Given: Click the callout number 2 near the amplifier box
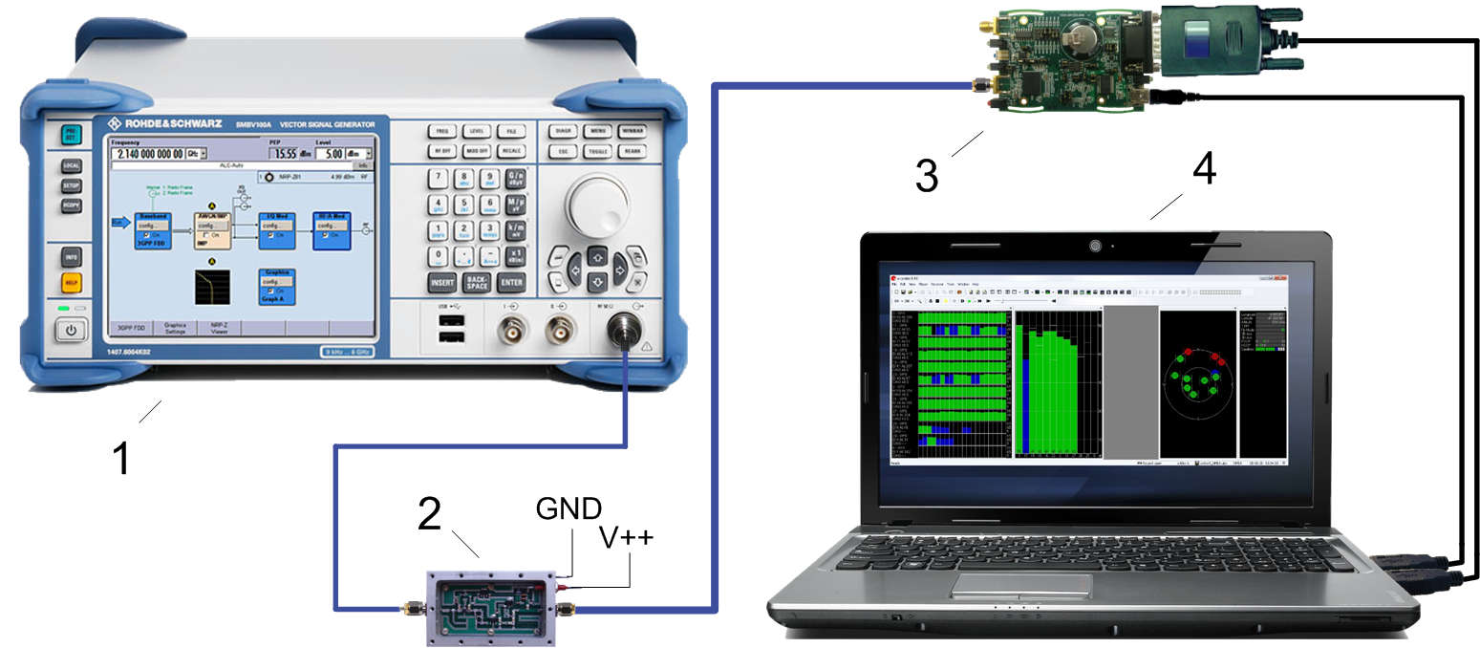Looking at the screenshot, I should [x=429, y=516].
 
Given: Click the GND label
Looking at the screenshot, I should [x=568, y=508].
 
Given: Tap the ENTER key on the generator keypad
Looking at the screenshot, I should [x=512, y=283].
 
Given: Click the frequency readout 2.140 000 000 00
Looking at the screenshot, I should [x=147, y=153].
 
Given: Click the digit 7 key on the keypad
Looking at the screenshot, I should [x=439, y=179].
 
